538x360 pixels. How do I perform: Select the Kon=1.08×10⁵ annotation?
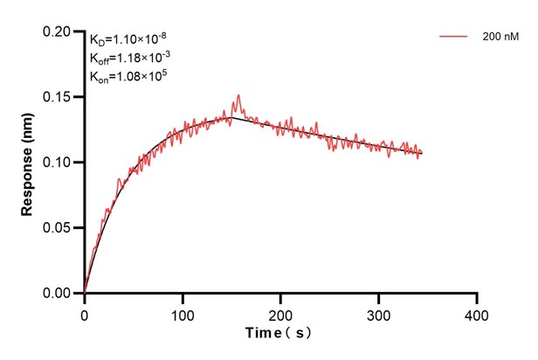click(128, 76)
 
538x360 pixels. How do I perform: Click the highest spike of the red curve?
click(238, 95)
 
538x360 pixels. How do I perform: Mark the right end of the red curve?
click(422, 154)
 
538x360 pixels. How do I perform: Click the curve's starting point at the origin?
click(85, 293)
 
